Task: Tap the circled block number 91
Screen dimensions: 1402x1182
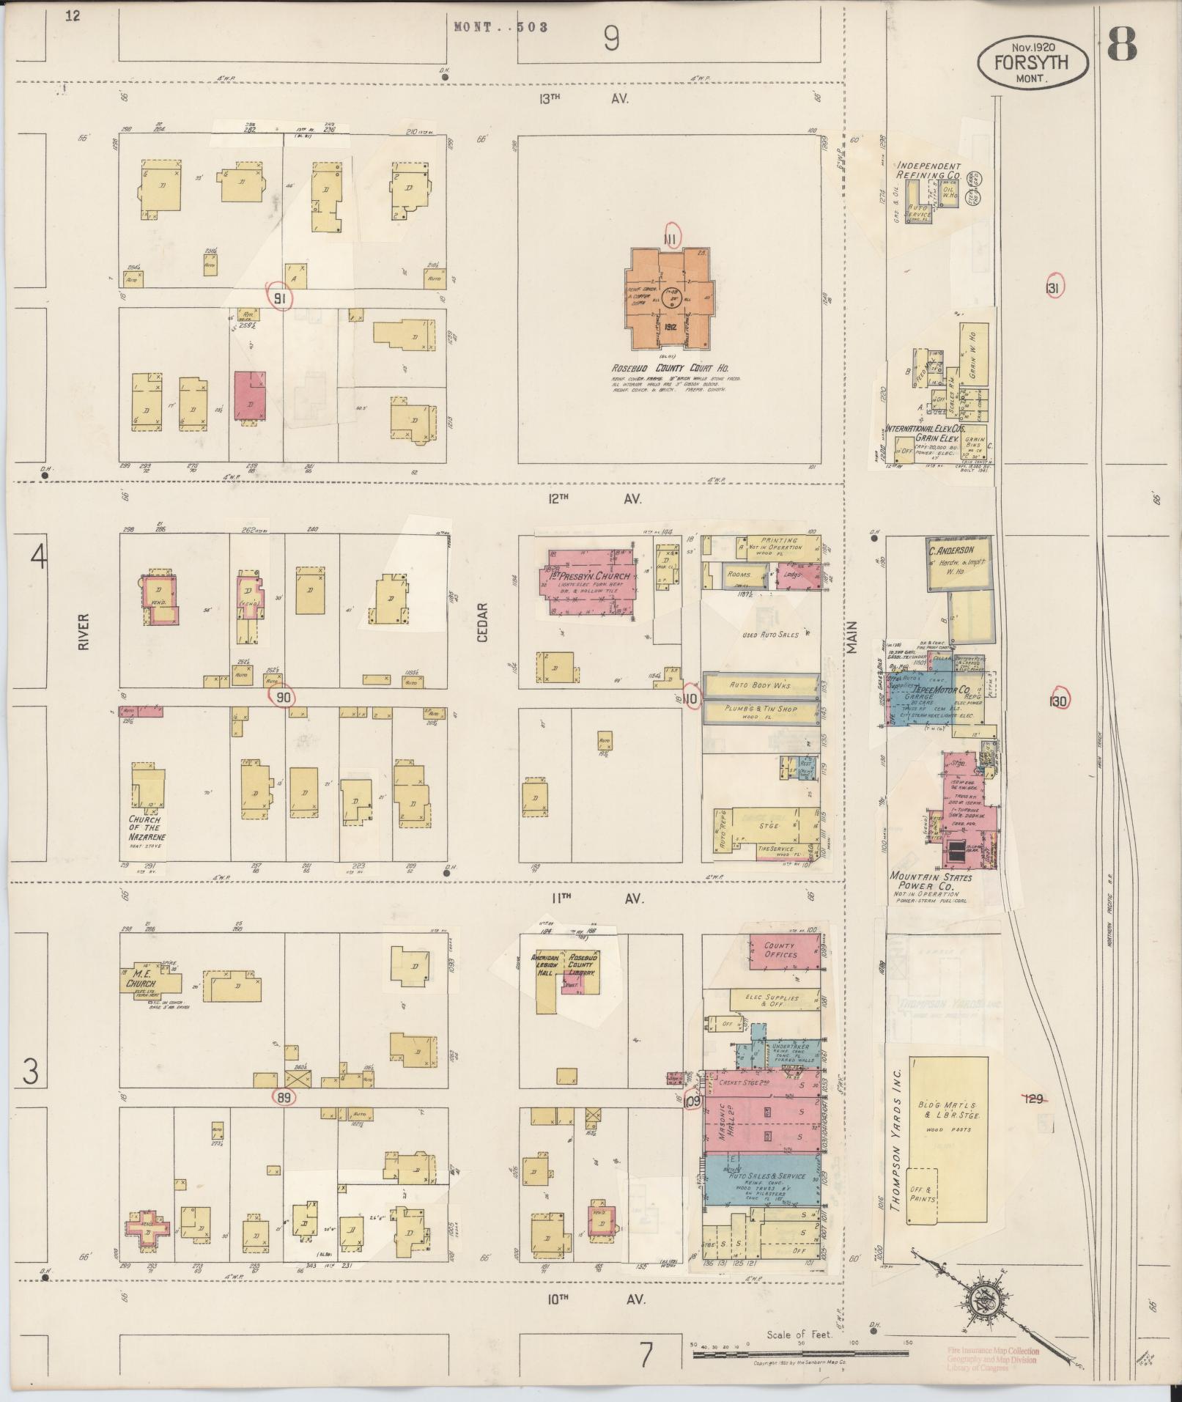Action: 279,298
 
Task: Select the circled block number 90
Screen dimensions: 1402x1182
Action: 281,697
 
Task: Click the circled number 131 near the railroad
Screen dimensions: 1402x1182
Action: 1052,288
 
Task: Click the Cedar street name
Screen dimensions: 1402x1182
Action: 482,623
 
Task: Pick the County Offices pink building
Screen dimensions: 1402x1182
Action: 781,952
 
